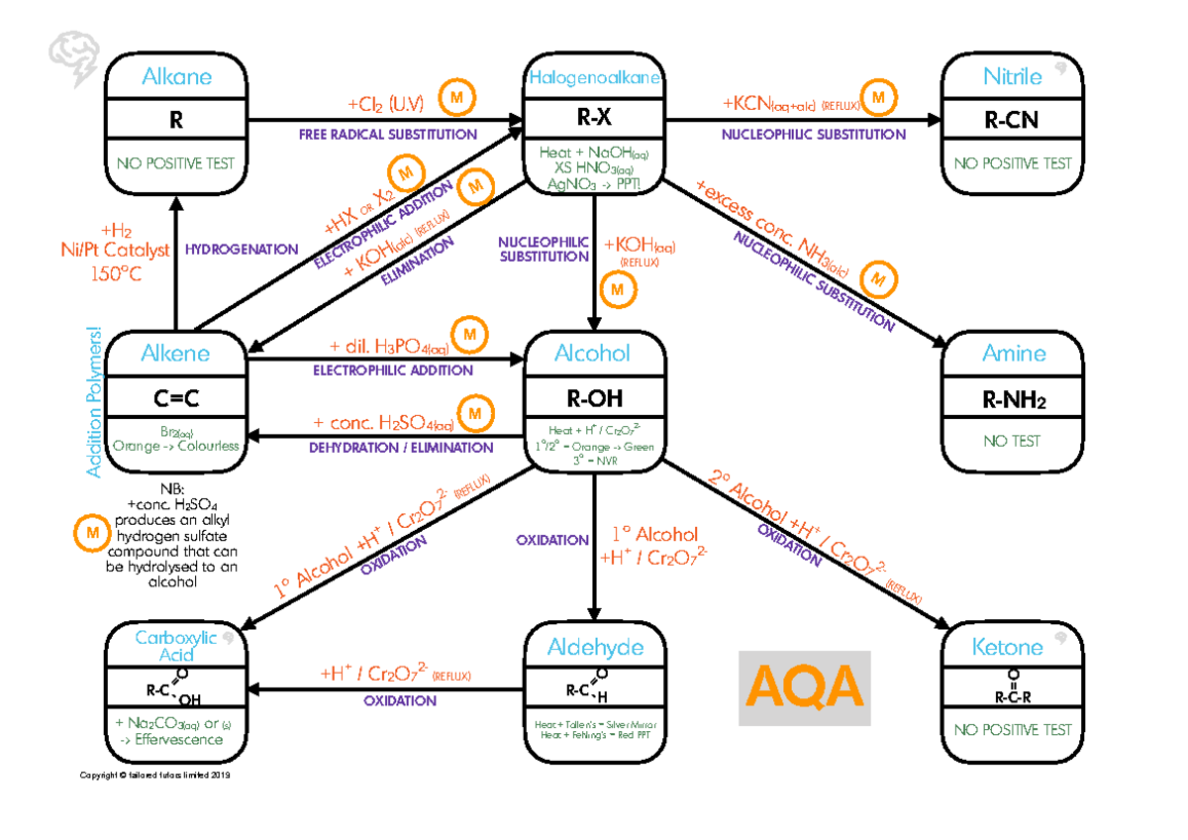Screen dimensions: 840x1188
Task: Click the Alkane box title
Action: coord(176,77)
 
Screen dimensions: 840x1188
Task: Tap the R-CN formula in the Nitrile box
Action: coord(1013,121)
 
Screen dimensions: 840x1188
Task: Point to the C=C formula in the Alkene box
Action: coord(176,398)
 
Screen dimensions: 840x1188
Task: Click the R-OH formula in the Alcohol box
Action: coord(592,398)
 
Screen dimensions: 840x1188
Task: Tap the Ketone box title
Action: coord(1008,648)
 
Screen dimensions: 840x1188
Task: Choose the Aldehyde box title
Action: coord(595,648)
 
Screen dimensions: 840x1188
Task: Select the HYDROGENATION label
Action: coord(242,250)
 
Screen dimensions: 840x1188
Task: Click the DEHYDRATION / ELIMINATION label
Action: coord(400,448)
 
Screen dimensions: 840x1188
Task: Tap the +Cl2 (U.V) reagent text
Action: coord(385,104)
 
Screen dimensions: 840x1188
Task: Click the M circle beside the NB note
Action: coord(92,532)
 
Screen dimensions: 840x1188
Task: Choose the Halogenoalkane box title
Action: coord(595,77)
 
